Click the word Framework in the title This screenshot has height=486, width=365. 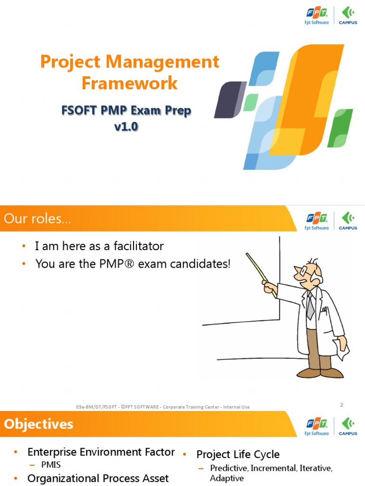pos(129,83)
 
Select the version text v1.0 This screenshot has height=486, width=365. pos(126,127)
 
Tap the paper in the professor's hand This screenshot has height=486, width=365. pos(342,349)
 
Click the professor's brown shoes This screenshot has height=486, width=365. pos(320,373)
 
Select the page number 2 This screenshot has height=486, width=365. pos(341,405)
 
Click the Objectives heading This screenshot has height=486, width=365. pos(39,424)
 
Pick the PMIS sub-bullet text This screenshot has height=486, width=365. pos(51,465)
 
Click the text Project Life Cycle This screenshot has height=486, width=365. pos(238,454)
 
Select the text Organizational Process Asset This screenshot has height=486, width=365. pos(98,478)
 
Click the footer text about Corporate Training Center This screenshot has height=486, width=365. pos(163,407)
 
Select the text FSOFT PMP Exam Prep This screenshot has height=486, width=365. pos(126,111)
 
